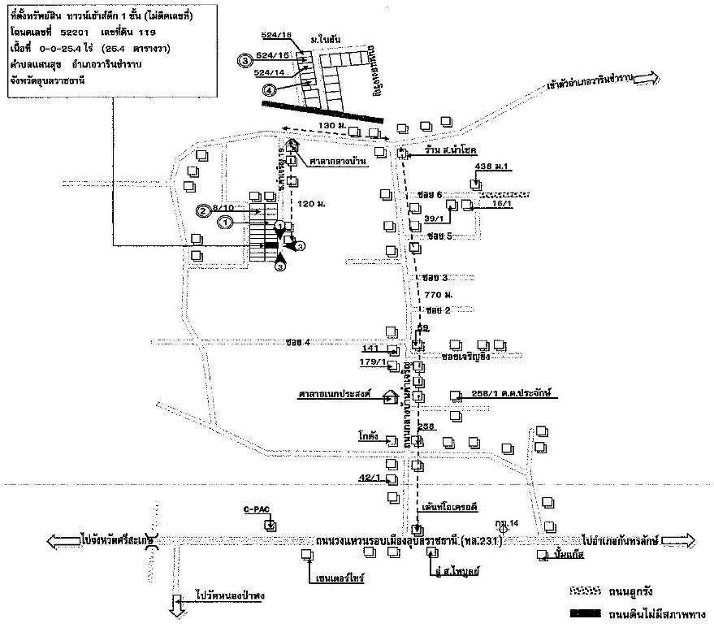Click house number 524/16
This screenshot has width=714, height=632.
pyautogui.click(x=276, y=36)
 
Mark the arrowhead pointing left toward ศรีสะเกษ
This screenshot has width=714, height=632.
pyautogui.click(x=57, y=540)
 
